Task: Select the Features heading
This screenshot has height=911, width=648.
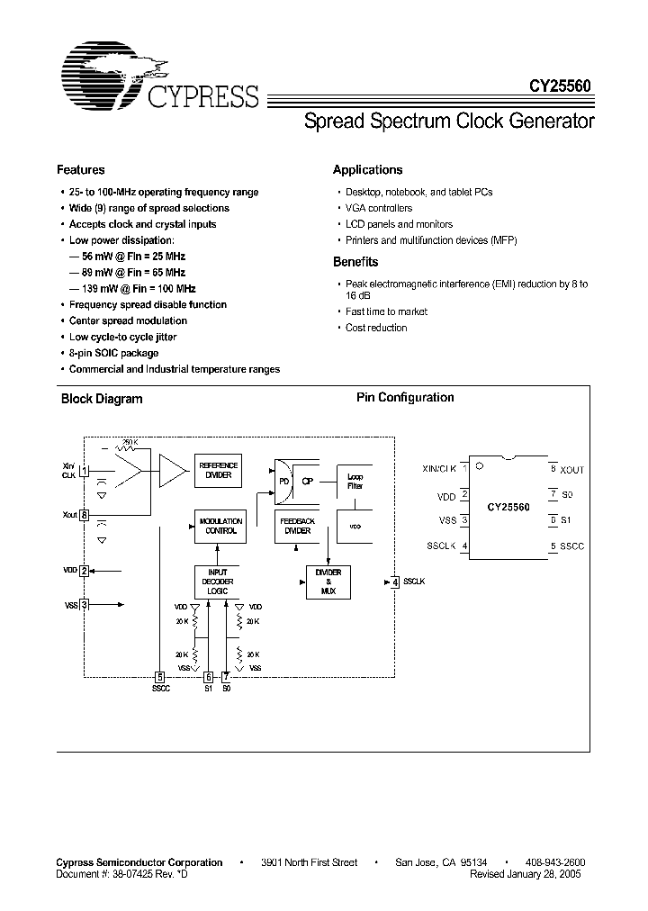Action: (81, 170)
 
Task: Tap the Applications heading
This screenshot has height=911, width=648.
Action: (367, 170)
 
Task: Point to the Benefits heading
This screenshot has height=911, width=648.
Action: (355, 262)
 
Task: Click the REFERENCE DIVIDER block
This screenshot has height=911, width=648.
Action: (220, 470)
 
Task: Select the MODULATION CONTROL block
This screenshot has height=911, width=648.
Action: (220, 526)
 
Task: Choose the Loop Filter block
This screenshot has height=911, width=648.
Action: (354, 480)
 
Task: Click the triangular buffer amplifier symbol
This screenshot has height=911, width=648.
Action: (171, 469)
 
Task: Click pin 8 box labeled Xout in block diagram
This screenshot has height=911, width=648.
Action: (84, 516)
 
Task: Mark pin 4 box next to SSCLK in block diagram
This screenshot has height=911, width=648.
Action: (394, 582)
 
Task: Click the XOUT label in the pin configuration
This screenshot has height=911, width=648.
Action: (572, 470)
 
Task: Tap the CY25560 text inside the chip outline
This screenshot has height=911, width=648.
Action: (508, 507)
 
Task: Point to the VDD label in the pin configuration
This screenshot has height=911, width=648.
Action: (445, 495)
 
